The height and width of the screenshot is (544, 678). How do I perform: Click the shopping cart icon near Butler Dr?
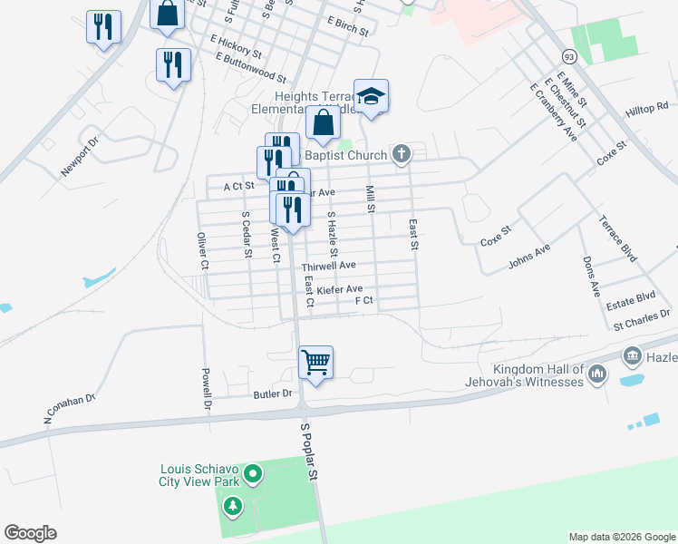[315, 363]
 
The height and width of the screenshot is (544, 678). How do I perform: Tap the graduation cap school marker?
[371, 95]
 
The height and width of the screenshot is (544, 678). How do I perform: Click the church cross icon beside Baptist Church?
[402, 155]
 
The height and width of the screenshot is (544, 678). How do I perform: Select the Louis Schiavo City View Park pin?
[253, 473]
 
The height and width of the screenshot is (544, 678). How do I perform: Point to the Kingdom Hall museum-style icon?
[596, 374]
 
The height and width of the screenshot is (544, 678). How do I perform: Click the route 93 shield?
[568, 56]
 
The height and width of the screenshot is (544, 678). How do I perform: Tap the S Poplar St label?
[310, 451]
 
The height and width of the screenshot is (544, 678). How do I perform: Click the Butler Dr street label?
[274, 393]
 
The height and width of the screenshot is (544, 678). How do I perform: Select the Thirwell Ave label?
[329, 267]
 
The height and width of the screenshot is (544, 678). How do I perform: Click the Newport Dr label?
[77, 159]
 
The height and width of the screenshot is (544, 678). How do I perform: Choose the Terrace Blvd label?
[616, 238]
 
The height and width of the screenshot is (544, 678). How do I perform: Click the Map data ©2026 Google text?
[621, 537]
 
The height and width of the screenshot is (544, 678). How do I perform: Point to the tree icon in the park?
[234, 506]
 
